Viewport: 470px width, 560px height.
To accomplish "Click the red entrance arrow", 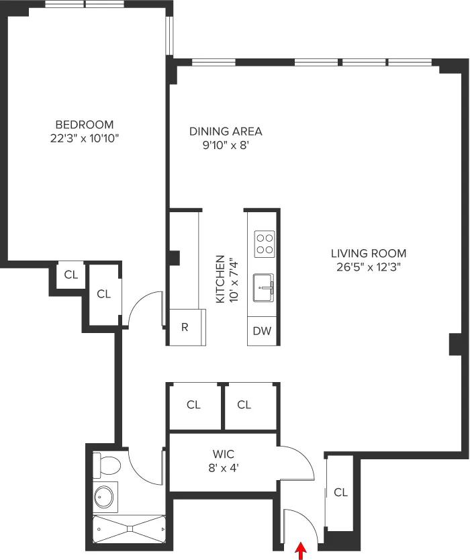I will (x=301, y=551).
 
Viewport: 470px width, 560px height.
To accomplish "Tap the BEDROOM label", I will (x=84, y=124).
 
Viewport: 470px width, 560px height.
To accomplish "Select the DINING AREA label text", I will (x=226, y=131).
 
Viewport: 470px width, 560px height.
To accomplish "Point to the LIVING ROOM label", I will (x=368, y=253).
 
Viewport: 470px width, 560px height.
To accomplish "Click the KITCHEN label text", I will (x=220, y=279).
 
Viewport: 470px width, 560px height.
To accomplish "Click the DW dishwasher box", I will (x=262, y=330).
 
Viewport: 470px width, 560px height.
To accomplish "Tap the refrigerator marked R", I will (x=185, y=328).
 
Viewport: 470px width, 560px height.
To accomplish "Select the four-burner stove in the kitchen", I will (x=264, y=243).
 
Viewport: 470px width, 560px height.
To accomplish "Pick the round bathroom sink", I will (x=104, y=497).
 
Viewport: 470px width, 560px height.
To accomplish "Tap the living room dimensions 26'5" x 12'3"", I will (x=368, y=267).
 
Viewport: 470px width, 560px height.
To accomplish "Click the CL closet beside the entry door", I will (x=340, y=492).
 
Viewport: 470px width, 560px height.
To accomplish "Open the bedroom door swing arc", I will (x=142, y=306).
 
